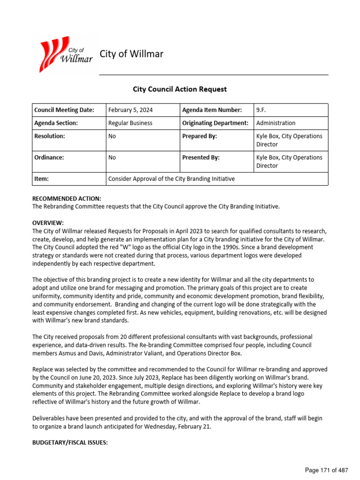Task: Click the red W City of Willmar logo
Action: (66, 55)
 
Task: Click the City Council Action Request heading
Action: (180, 89)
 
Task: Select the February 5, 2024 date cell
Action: (130, 110)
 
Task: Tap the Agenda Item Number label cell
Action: (212, 110)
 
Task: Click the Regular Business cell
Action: (130, 123)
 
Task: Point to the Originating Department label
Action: (215, 123)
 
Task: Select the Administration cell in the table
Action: (276, 123)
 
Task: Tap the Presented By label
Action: (201, 157)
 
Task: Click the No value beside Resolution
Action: (112, 136)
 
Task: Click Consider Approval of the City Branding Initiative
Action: (172, 179)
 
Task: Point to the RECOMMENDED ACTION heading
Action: (67, 199)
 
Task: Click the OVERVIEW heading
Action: (48, 223)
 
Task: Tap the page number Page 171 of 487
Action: (326, 470)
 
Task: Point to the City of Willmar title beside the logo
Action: (132, 54)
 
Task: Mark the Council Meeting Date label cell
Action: (64, 110)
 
